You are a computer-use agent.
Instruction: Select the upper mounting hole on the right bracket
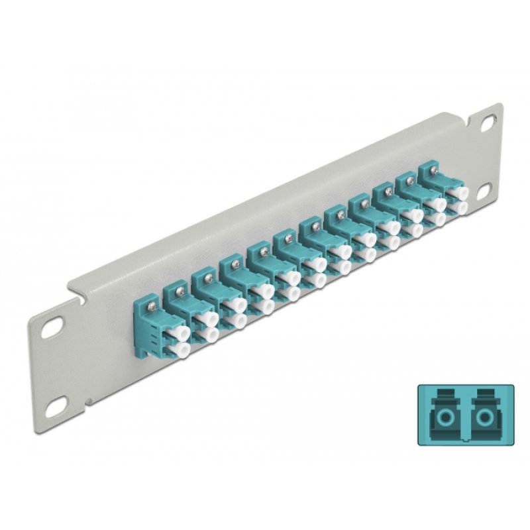488,123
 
